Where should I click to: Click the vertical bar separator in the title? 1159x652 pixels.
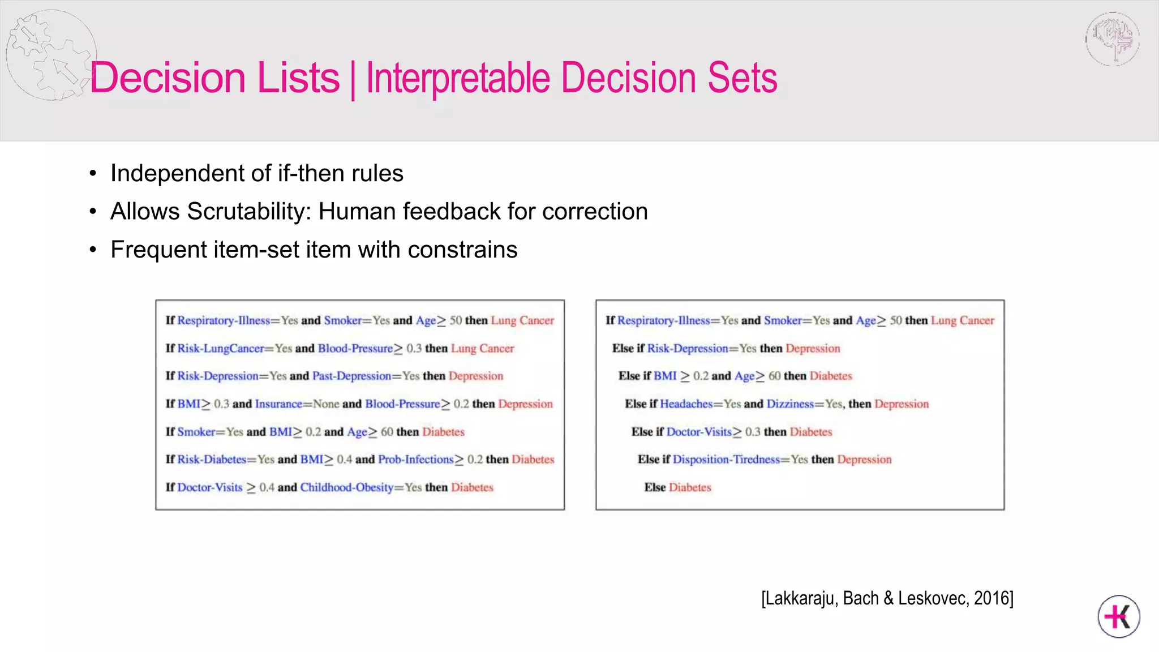[353, 79]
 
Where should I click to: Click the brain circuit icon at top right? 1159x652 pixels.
[1112, 38]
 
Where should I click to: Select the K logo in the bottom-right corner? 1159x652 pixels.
[1118, 616]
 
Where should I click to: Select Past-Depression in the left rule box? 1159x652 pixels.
[351, 376]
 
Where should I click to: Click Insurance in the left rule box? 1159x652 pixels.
[278, 404]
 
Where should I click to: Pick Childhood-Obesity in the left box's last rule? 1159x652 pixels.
[346, 487]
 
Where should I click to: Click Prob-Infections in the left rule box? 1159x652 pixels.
[415, 460]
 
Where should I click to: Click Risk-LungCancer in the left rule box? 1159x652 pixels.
[221, 348]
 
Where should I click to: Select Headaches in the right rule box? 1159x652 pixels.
[686, 404]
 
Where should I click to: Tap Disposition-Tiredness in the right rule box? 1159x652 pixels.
[726, 460]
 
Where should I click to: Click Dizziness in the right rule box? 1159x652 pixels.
[790, 404]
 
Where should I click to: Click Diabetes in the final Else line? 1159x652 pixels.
[689, 487]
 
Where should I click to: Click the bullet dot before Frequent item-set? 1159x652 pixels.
[93, 250]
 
